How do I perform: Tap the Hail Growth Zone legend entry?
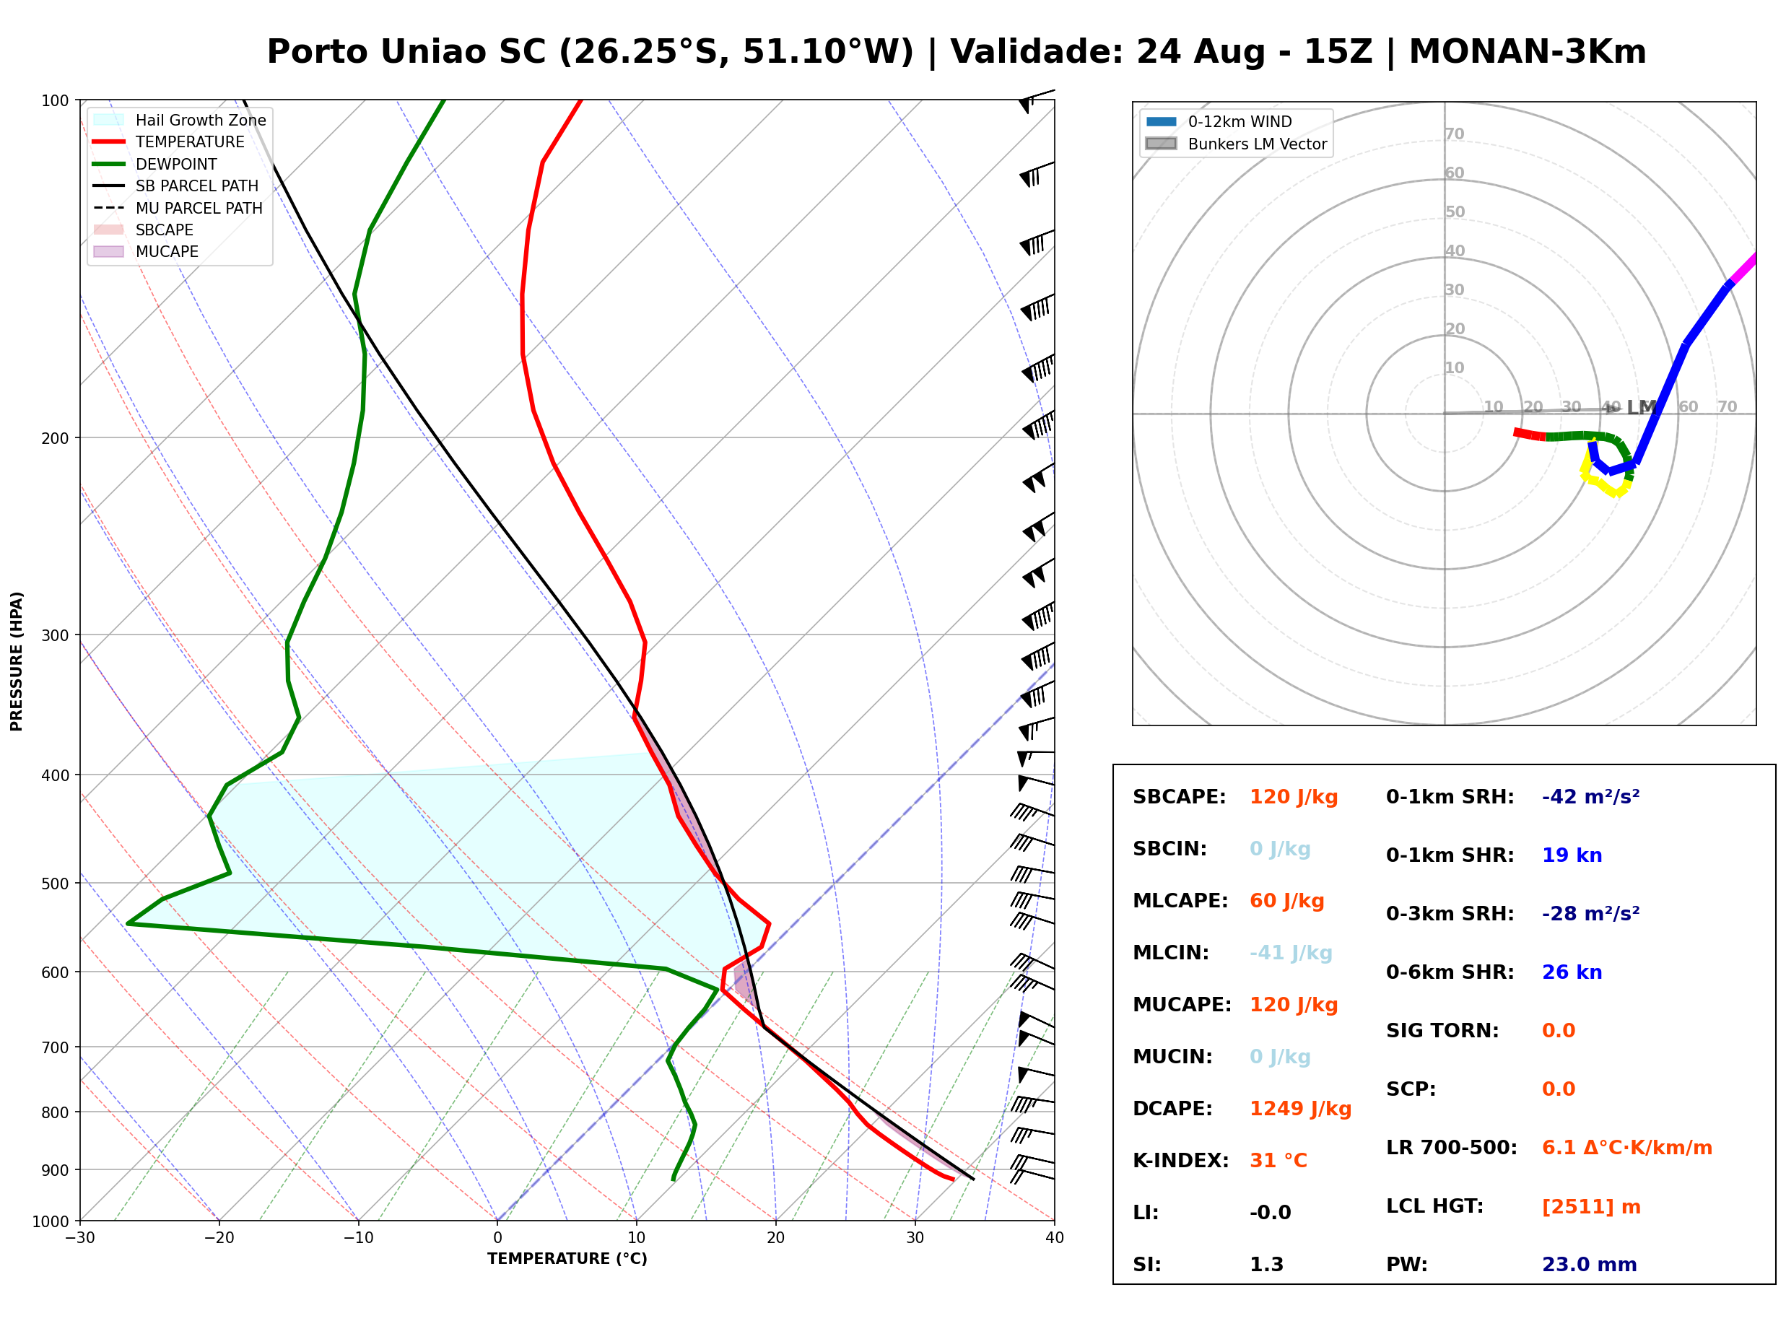click(180, 120)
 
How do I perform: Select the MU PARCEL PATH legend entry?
click(178, 208)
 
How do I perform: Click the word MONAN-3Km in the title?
click(1527, 52)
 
